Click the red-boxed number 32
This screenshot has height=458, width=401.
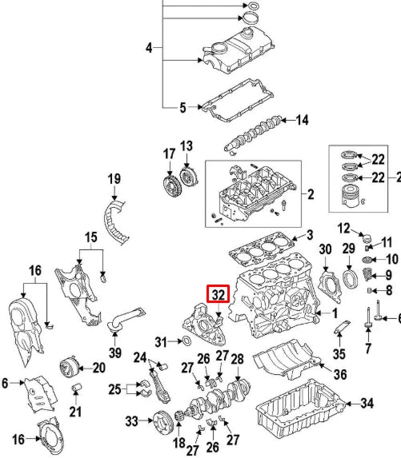(218, 295)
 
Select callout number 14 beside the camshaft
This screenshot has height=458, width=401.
(302, 121)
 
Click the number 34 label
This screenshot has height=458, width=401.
(367, 403)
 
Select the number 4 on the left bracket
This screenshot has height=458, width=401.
(148, 49)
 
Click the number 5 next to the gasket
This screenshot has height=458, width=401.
(182, 106)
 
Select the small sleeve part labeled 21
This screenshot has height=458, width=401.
(78, 388)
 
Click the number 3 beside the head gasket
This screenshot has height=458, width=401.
(310, 235)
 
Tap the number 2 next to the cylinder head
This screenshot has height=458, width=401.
(310, 193)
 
